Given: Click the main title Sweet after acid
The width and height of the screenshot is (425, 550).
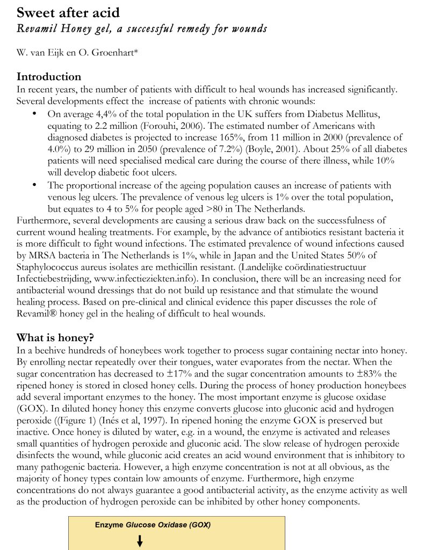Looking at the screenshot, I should pos(68,12).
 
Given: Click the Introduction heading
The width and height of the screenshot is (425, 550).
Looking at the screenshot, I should pos(49,77).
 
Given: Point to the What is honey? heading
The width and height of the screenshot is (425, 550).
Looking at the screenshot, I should pos(55,338).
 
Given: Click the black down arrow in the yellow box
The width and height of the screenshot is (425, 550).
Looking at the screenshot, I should pos(140,541).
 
